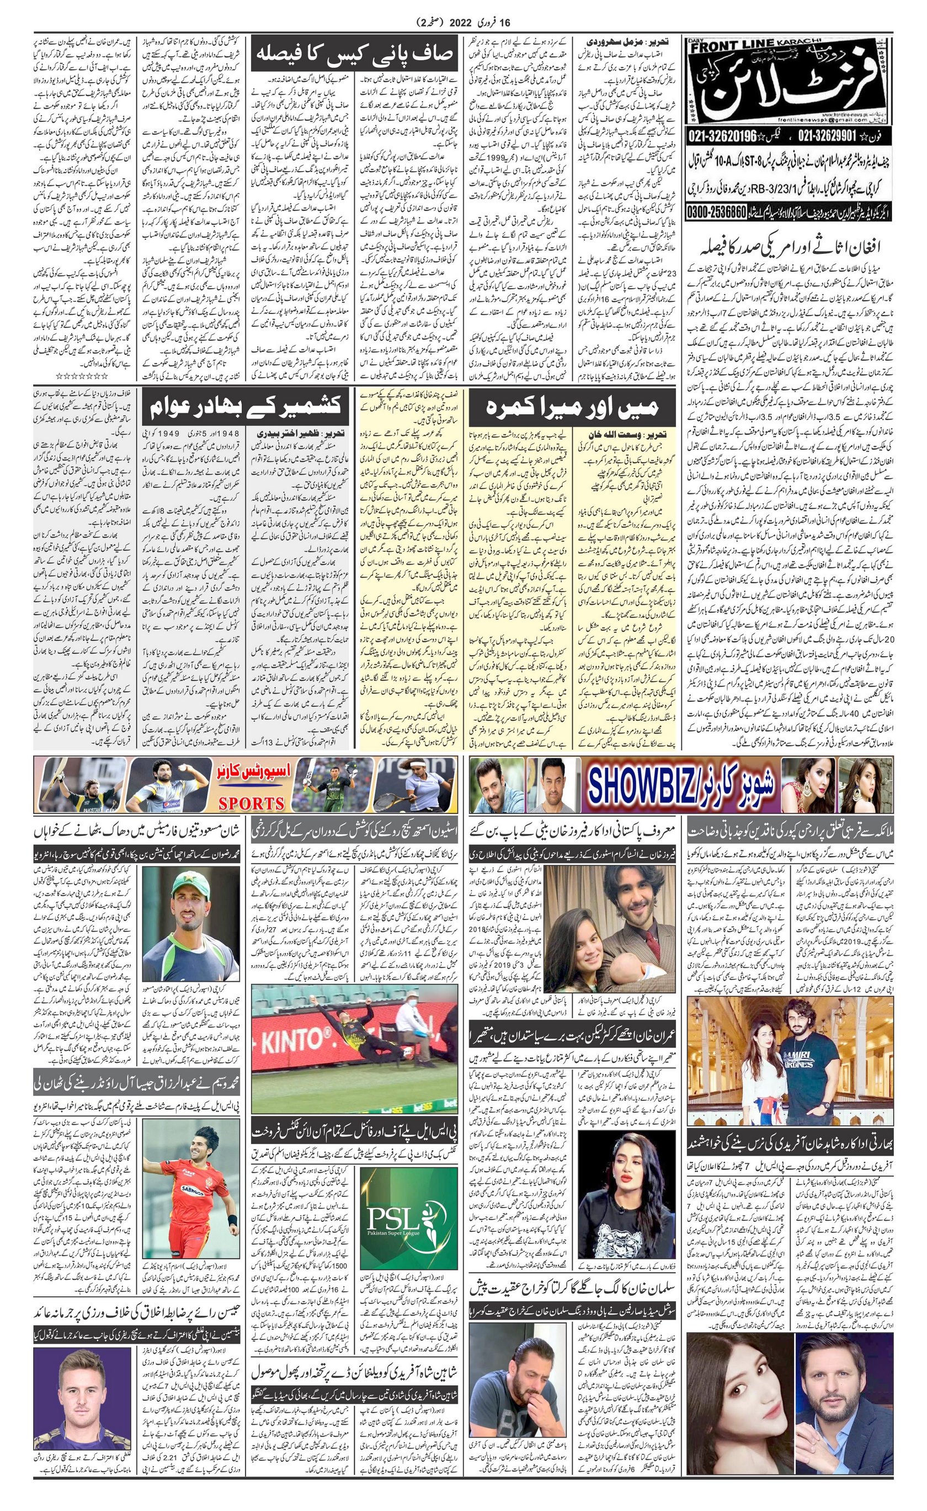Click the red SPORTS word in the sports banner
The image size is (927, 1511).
252,803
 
